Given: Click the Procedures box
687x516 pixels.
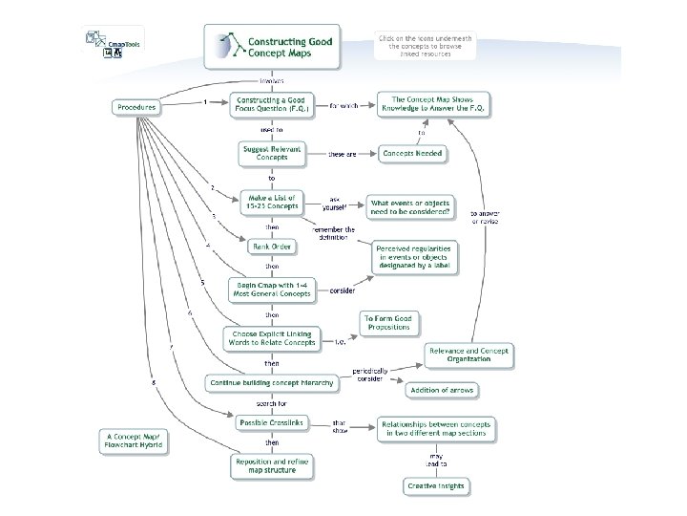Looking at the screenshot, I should tap(136, 108).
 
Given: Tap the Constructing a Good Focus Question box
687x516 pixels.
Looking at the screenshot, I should tap(273, 105).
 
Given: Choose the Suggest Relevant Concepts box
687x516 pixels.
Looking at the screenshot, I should tap(272, 153).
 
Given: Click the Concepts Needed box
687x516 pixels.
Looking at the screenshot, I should tap(412, 153).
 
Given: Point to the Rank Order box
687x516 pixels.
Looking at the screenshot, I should tap(272, 247).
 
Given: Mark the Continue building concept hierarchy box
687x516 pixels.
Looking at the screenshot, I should tap(272, 382).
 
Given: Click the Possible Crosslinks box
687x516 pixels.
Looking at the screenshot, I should tap(273, 422).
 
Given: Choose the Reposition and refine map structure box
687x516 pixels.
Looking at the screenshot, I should tap(272, 464).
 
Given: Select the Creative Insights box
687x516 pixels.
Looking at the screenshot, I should tap(436, 486).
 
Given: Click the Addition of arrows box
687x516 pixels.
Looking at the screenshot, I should tap(442, 390).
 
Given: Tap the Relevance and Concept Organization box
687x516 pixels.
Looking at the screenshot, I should tap(468, 355).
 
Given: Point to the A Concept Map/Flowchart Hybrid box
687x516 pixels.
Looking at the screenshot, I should tap(135, 441).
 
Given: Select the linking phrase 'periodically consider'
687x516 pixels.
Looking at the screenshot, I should tap(369, 374).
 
